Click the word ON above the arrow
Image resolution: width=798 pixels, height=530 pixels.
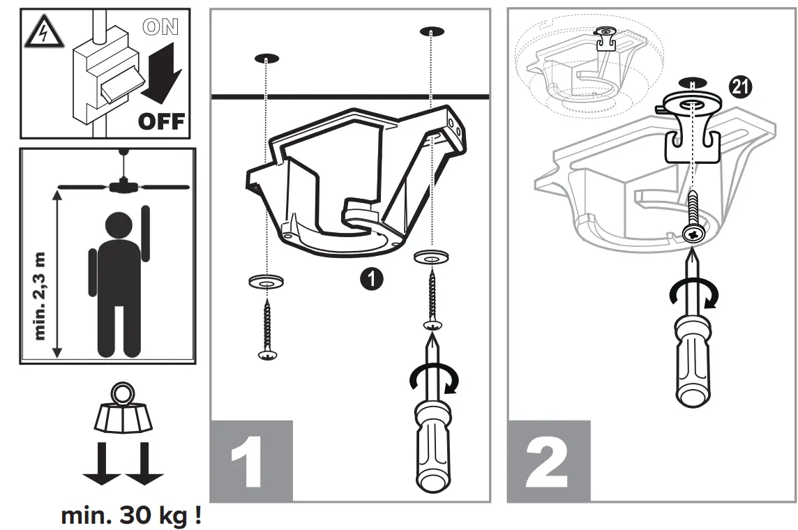point(160,27)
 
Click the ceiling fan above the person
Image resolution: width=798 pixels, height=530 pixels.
point(123,185)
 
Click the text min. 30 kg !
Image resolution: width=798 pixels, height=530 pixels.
point(132,516)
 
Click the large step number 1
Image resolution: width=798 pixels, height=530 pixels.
point(248,462)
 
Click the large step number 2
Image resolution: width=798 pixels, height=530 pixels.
point(548,462)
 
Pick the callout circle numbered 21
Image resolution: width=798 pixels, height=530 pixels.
point(739,86)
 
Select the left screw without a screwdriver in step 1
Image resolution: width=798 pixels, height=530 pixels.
point(267,331)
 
